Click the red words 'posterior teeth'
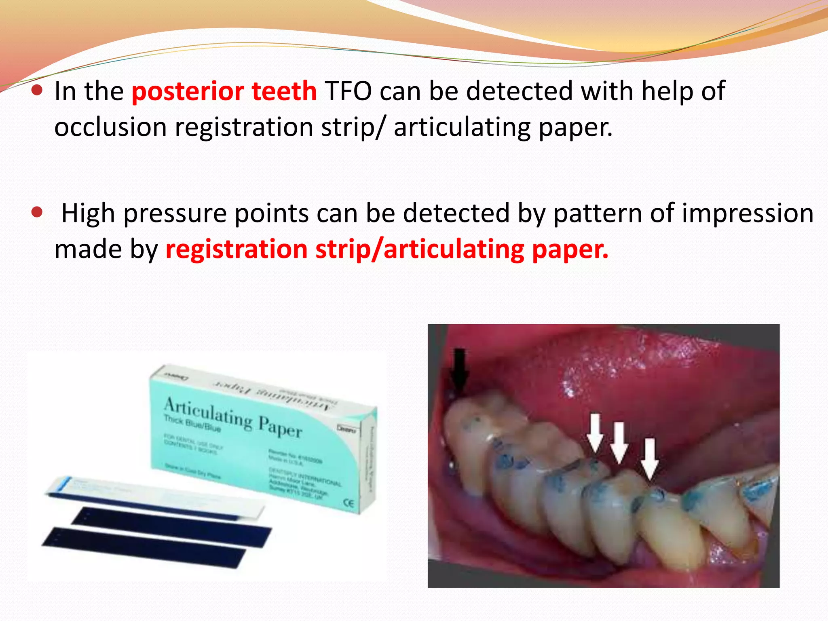[224, 91]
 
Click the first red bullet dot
[37, 90]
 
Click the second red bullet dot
[37, 212]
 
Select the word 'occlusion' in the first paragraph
[110, 128]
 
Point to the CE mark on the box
[349, 503]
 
